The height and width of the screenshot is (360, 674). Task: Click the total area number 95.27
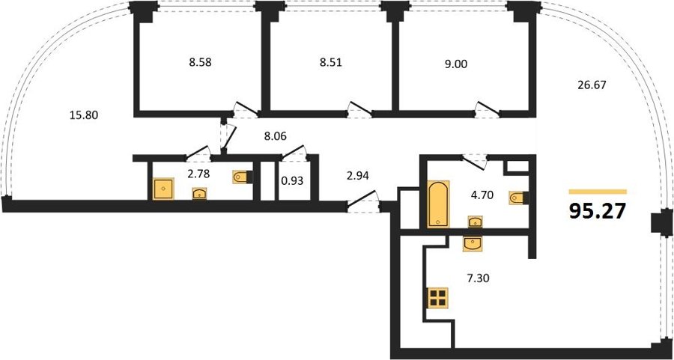tap(598, 211)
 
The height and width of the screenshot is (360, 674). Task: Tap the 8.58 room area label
tap(200, 63)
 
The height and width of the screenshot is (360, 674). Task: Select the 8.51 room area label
tap(330, 63)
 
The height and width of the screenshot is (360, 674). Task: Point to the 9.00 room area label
tap(455, 64)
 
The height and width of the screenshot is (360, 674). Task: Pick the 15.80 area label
tap(84, 115)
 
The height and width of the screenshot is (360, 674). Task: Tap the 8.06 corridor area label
tap(275, 137)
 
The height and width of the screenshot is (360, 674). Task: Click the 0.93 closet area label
tap(292, 181)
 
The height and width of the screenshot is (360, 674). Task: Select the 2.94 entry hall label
tap(359, 175)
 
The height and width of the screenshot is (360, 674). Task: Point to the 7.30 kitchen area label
tap(478, 278)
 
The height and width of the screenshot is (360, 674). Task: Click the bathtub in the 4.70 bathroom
tap(438, 204)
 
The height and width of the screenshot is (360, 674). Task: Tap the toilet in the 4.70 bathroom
tap(518, 198)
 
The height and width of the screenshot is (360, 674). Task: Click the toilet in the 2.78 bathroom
tap(243, 177)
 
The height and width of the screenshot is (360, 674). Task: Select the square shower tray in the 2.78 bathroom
tap(163, 189)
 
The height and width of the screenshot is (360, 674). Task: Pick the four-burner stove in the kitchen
tap(438, 297)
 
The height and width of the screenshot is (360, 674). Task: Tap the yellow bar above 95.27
tap(598, 192)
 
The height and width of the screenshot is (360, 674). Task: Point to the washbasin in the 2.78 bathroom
tap(199, 193)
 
